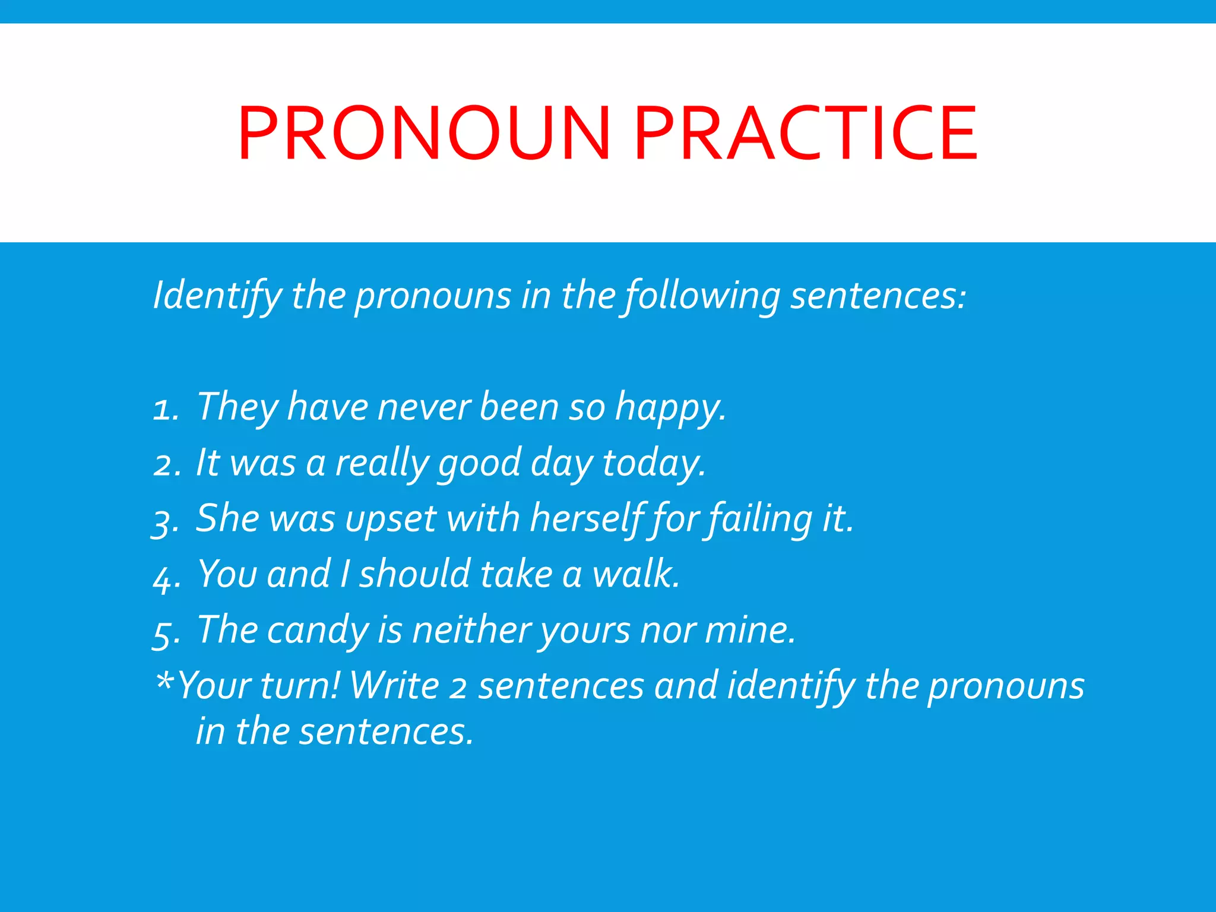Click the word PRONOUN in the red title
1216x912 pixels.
pyautogui.click(x=424, y=133)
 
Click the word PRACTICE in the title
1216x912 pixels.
pyautogui.click(x=806, y=133)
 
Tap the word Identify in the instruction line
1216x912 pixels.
pyautogui.click(x=217, y=295)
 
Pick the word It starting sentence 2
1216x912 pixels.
pyautogui.click(x=208, y=462)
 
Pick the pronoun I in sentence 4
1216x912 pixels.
pyautogui.click(x=344, y=574)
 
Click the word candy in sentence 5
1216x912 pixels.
pyautogui.click(x=318, y=631)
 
